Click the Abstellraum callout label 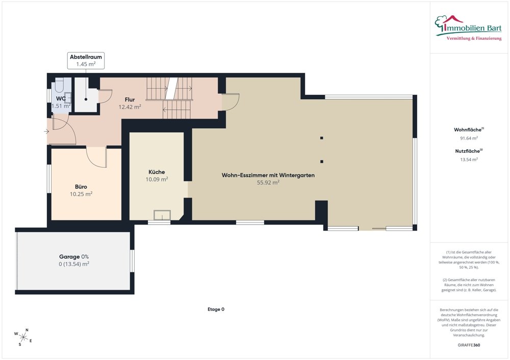(x=86, y=61)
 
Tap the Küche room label (x=157, y=172)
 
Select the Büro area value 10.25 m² (x=81, y=194)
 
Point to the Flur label (x=130, y=100)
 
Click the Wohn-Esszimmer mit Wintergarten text (x=268, y=175)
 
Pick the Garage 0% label (x=74, y=257)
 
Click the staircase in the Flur (x=170, y=98)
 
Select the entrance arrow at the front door (x=46, y=131)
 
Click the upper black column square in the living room (x=322, y=138)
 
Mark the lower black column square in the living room (x=322, y=161)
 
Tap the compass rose (x=23, y=337)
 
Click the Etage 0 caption (x=216, y=310)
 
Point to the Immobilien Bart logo (x=468, y=28)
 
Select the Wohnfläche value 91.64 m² (x=469, y=139)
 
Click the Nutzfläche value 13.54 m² (x=469, y=160)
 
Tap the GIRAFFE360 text (x=469, y=345)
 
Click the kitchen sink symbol (x=162, y=215)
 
